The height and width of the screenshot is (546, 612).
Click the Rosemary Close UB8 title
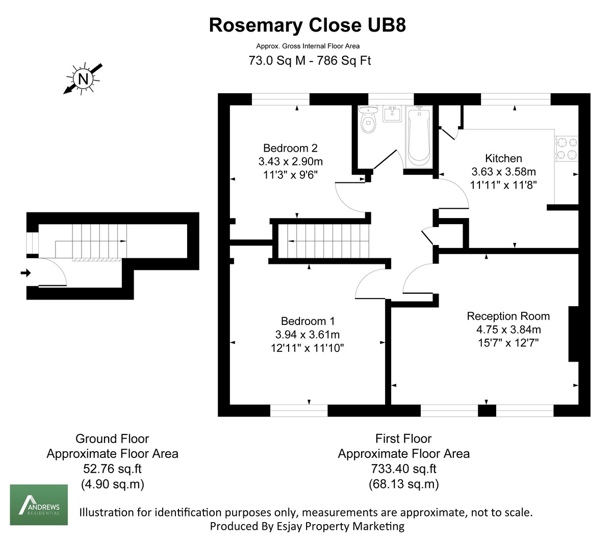tap(307, 25)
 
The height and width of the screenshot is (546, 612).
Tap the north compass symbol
tap(83, 78)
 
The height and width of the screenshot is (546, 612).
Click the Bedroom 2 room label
tap(290, 148)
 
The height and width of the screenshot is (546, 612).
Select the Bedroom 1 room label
tap(308, 321)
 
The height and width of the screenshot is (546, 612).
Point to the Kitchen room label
tap(503, 158)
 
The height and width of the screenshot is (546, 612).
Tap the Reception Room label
tap(508, 316)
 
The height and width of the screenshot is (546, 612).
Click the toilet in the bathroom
tap(368, 121)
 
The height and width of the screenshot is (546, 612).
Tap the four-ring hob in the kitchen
tap(567, 148)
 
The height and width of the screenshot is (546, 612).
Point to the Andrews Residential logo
tap(39, 505)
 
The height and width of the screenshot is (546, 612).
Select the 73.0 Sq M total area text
tap(277, 61)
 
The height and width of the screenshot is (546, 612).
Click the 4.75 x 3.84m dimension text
tap(505, 330)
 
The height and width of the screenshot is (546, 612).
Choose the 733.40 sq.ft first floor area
tap(403, 469)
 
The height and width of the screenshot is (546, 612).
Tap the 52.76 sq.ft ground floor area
tap(113, 469)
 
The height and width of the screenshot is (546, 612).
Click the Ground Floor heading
tap(112, 439)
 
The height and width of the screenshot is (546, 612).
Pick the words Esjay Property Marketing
tap(354, 526)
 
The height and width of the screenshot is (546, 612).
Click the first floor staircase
tap(327, 241)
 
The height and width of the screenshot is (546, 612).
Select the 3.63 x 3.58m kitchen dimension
tap(503, 172)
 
